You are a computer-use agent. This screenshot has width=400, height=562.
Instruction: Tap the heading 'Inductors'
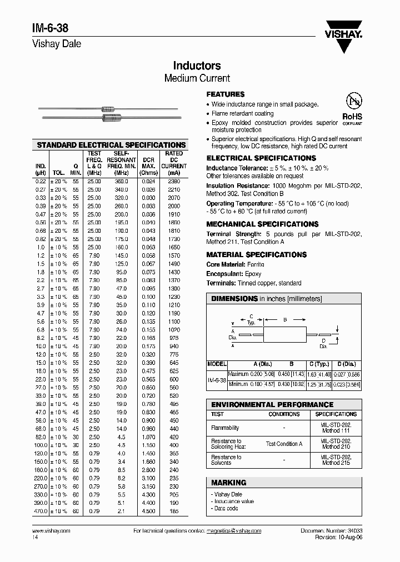coord(197,66)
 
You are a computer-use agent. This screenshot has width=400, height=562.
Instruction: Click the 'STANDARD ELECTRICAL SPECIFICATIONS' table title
coord(111,145)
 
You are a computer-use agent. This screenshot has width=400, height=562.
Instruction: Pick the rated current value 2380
coord(173,181)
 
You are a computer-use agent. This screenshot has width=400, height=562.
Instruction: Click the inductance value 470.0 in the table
coord(41,511)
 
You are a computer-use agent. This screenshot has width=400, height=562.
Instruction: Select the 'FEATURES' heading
coord(226,94)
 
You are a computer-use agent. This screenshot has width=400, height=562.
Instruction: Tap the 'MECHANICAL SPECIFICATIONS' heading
coord(262,224)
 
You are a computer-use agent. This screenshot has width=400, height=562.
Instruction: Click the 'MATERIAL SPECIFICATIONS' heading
coord(256,254)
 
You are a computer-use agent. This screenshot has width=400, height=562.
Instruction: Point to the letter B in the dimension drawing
coord(285,320)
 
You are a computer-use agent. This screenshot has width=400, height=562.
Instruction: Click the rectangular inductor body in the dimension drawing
coord(284,335)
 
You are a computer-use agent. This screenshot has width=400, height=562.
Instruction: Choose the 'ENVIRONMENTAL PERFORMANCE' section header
coord(272,405)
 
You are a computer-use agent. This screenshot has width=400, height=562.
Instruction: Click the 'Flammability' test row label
coord(225,428)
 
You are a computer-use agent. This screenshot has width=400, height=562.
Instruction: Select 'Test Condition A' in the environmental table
coord(284,444)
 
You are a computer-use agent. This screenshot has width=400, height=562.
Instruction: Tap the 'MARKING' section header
coord(229,483)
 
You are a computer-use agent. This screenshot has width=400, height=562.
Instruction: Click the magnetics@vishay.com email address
coord(234,531)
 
